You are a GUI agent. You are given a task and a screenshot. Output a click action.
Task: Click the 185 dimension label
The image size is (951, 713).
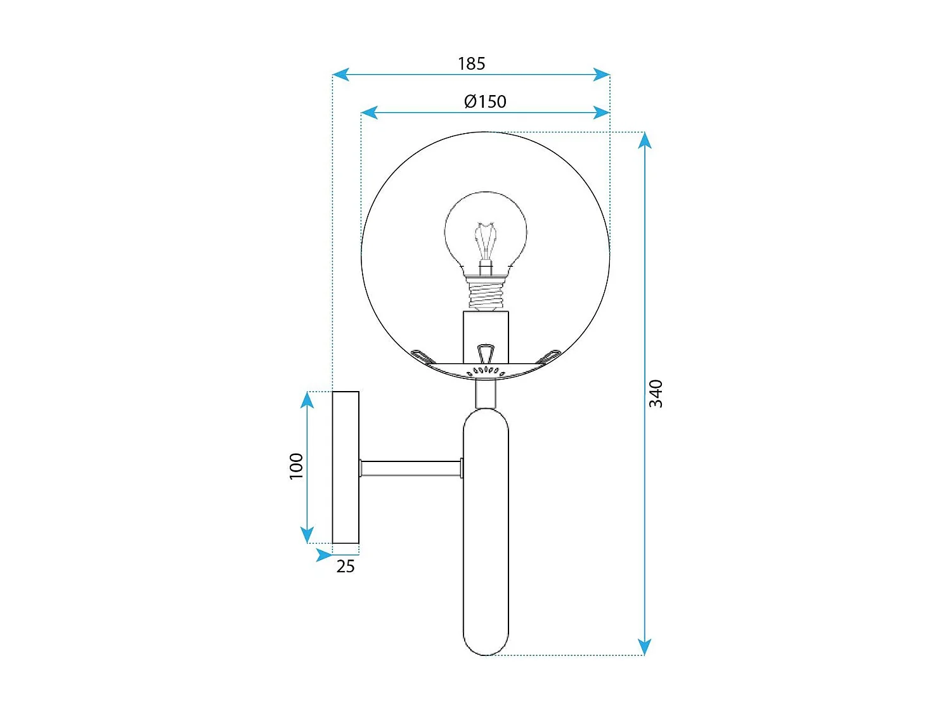point(471,63)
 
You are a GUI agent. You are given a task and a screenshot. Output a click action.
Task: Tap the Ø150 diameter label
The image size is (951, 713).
point(485,101)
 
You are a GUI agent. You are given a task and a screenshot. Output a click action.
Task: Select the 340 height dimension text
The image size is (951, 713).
point(656,394)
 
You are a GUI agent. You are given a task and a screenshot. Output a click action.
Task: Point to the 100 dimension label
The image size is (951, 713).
point(296,466)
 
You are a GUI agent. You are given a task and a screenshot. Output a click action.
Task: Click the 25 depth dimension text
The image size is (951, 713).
point(345,567)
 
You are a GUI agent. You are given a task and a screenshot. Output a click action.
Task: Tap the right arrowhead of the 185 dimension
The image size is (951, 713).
point(602,75)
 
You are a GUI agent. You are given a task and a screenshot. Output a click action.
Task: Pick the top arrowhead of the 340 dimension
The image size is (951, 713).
point(645,140)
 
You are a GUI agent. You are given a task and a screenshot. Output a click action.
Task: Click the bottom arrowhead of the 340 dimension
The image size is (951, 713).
point(645,647)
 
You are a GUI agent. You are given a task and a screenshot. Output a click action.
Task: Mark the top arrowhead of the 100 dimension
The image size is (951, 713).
point(307,399)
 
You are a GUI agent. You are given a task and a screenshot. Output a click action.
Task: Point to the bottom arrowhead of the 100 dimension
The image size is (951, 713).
point(307,536)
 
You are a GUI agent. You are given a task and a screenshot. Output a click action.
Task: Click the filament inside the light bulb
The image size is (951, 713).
point(486,241)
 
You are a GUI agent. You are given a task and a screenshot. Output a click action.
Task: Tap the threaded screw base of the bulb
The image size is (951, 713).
point(486,295)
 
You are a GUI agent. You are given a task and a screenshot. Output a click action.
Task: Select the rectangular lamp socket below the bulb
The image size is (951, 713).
point(486,336)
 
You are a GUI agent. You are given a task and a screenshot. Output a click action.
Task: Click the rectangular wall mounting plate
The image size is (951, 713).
point(346,468)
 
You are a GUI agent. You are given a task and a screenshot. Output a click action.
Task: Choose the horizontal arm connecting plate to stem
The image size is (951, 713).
point(411,469)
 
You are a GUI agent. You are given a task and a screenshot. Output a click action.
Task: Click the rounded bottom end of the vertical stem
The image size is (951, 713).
point(486,643)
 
